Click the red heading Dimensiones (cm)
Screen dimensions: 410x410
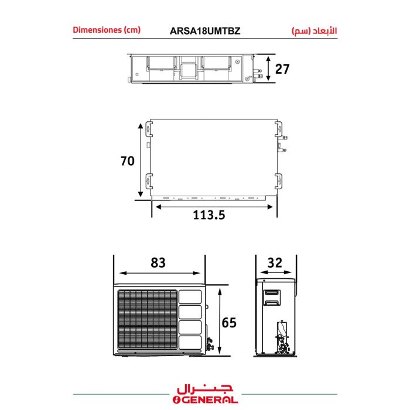pos(107,30)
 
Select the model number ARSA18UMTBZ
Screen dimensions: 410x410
pos(205,31)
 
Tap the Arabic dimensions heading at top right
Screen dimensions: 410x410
pos(315,31)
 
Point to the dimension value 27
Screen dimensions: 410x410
pos(282,69)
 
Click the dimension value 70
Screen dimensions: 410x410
pos(128,161)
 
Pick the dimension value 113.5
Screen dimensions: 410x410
pos(209,215)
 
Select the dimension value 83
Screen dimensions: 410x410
pos(158,262)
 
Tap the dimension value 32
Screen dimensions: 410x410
pos(275,262)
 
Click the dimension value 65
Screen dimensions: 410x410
pos(229,323)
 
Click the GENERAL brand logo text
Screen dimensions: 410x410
pos(205,400)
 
